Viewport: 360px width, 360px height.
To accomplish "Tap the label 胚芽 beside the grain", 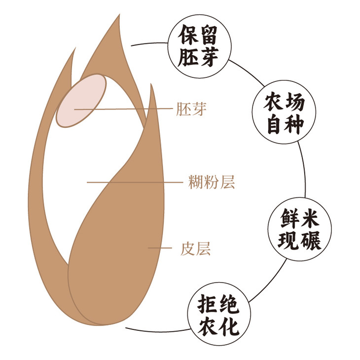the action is coord(190,109).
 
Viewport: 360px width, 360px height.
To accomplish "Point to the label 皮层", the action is coord(196,249).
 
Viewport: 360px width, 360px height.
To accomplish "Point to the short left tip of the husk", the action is coord(74,51).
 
